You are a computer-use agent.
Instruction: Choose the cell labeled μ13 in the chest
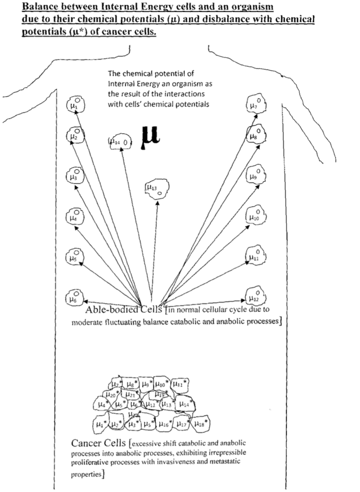156,189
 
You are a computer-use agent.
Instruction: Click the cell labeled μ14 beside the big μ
119,142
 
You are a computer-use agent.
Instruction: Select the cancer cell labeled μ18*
200,423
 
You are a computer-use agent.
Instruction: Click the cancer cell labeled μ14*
185,404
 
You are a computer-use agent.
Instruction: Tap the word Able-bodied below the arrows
112,310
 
